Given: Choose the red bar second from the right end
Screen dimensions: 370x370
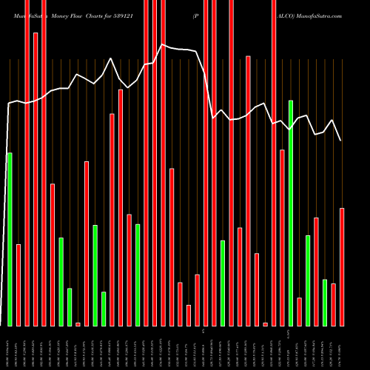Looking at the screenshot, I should (334, 304).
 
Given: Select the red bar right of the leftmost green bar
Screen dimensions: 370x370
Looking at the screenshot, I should (18, 285).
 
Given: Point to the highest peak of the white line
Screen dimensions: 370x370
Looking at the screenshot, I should (162, 44).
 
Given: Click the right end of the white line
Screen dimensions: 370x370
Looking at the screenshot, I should (340, 141).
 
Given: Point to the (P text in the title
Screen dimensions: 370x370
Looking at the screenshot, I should (195, 15).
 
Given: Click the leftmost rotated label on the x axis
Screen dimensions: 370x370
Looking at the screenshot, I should (10, 348).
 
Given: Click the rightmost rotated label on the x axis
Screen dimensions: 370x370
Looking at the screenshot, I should (342, 348).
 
